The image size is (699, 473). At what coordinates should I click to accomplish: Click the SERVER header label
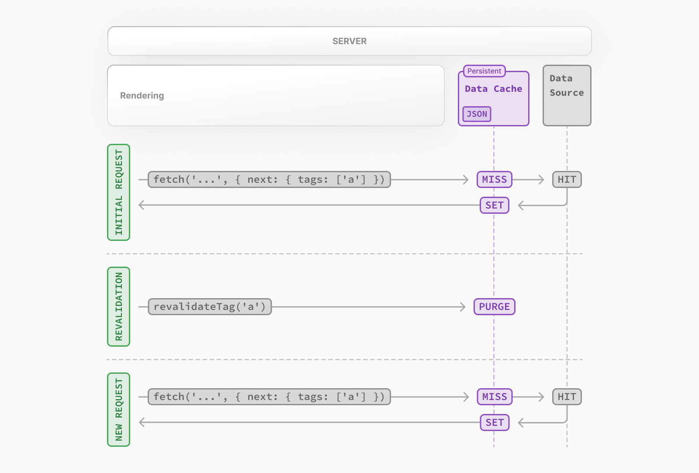point(349,41)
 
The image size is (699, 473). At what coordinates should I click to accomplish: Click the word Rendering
point(142,96)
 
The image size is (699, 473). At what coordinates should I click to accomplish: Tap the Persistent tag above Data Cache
point(484,71)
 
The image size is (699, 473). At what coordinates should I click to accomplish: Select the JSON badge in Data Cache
point(477,114)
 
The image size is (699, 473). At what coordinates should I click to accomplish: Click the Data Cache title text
point(493,89)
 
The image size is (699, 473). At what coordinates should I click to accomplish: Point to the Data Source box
point(567,96)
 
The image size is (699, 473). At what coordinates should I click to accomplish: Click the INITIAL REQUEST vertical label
point(119,192)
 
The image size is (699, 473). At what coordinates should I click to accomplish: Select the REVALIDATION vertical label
point(119,306)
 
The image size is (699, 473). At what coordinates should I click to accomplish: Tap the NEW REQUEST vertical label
point(119,410)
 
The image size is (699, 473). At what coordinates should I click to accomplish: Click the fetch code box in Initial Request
point(269,180)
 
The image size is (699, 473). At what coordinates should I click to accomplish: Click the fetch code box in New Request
point(269,397)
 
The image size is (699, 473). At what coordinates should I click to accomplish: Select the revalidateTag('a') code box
point(210,307)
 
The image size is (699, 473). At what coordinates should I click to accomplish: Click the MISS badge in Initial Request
point(494,180)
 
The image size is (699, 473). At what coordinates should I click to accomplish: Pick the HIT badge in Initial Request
point(567,180)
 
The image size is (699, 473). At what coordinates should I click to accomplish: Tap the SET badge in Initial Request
point(494,205)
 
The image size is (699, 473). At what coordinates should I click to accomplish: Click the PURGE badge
point(494,307)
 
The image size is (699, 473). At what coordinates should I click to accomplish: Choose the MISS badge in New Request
point(494,397)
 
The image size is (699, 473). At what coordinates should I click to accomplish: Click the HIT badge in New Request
point(567,397)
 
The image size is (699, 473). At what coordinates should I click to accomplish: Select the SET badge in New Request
point(494,423)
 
